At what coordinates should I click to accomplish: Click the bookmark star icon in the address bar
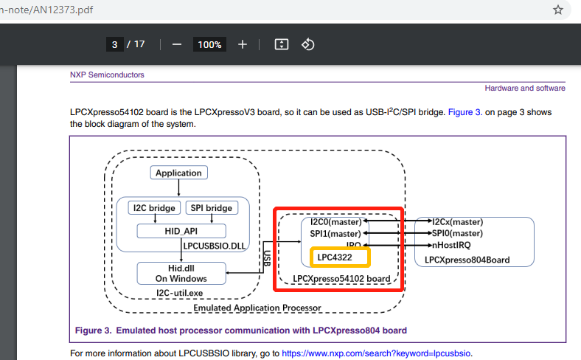[558, 10]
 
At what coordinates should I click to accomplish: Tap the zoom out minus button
[177, 44]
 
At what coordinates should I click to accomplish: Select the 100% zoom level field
[209, 44]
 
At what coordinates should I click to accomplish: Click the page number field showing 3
[114, 44]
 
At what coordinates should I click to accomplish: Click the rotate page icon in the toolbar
[308, 44]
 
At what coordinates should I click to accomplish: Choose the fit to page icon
[281, 44]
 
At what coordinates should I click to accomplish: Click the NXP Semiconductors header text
[107, 75]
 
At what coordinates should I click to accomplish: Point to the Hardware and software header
[524, 88]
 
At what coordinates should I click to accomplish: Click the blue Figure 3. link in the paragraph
[464, 112]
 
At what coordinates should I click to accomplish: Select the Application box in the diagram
[178, 173]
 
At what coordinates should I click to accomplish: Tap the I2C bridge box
[153, 208]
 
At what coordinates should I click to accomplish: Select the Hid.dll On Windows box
[181, 273]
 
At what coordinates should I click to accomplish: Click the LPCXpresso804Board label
[462, 260]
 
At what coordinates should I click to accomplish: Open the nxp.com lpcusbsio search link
[375, 353]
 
